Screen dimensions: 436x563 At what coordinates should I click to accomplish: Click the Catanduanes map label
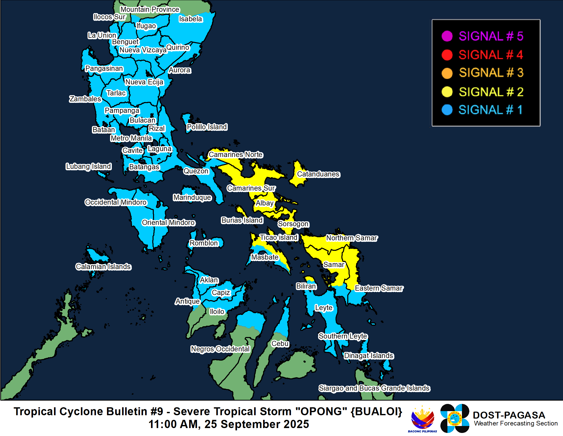pyautogui.click(x=318, y=174)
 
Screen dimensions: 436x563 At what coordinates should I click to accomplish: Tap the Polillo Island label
pyautogui.click(x=207, y=127)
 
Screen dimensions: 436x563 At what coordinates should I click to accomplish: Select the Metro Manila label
pyautogui.click(x=131, y=138)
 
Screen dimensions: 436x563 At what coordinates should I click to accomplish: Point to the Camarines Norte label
pyautogui.click(x=236, y=154)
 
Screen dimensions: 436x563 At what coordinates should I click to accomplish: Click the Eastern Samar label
pyautogui.click(x=379, y=288)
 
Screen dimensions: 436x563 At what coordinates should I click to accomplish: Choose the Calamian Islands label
pyautogui.click(x=103, y=266)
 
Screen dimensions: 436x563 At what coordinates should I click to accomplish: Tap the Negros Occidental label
pyautogui.click(x=220, y=349)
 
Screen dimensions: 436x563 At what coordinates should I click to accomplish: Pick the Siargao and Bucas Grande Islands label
pyautogui.click(x=374, y=388)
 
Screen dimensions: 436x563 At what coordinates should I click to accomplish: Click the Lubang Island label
pyautogui.click(x=89, y=166)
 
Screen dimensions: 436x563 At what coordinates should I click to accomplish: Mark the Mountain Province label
pyautogui.click(x=150, y=9)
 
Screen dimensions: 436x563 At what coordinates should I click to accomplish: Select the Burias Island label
pyautogui.click(x=242, y=220)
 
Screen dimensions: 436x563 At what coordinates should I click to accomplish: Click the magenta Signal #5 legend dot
pyautogui.click(x=447, y=36)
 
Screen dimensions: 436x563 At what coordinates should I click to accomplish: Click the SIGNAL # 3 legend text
pyautogui.click(x=491, y=73)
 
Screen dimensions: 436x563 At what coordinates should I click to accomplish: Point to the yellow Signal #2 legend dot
pyautogui.click(x=447, y=92)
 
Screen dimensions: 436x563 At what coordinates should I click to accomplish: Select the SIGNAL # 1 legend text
pyautogui.click(x=491, y=110)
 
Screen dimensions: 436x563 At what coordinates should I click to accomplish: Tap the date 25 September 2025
pyautogui.click(x=256, y=424)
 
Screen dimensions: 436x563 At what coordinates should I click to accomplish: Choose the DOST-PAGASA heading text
pyautogui.click(x=509, y=415)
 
